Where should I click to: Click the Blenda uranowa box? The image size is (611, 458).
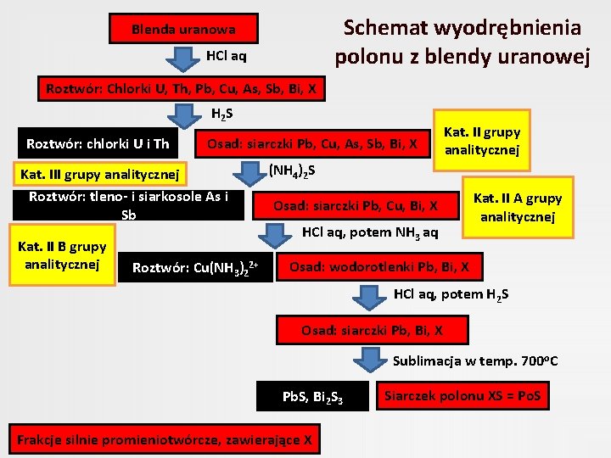(x=183, y=30)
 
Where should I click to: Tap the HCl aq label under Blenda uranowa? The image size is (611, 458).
(x=227, y=57)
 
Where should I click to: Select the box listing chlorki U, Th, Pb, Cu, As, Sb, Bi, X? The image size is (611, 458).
(x=183, y=87)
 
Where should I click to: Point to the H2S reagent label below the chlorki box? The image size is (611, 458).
(x=222, y=114)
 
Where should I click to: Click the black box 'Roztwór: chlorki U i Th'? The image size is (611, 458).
(x=98, y=144)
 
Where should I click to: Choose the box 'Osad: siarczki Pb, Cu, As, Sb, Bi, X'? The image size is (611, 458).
(x=312, y=144)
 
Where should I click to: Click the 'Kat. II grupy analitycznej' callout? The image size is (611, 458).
(x=482, y=138)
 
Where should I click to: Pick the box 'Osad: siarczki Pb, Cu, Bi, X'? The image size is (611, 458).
(x=356, y=205)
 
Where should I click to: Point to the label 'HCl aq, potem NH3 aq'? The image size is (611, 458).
(x=370, y=232)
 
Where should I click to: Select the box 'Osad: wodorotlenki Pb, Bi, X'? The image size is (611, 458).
(x=385, y=267)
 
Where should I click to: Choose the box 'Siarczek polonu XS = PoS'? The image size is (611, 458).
(x=467, y=395)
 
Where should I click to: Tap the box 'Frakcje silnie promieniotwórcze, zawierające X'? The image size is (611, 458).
(x=165, y=439)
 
